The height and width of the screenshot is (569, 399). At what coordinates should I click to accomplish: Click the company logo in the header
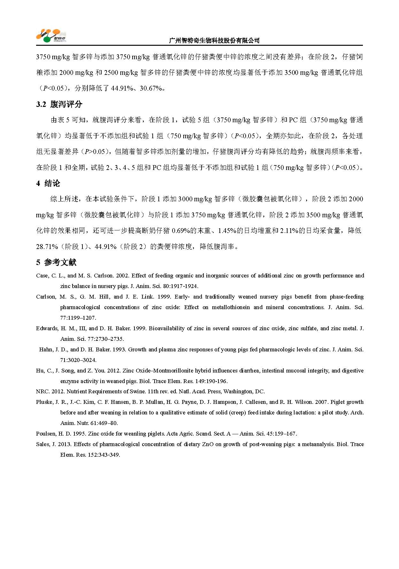pyautogui.click(x=51, y=36)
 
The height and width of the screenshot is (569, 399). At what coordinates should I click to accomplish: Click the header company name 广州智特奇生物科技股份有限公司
pyautogui.click(x=214, y=41)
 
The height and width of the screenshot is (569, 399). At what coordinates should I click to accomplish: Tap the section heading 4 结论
pyautogui.click(x=48, y=183)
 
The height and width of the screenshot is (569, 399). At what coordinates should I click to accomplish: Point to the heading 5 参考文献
pyautogui.click(x=56, y=263)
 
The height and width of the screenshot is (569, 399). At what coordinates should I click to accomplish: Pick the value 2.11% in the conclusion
pyautogui.click(x=289, y=231)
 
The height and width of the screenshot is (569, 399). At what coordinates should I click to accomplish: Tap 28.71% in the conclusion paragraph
pyautogui.click(x=47, y=247)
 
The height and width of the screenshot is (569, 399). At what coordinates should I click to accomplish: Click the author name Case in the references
pyautogui.click(x=42, y=276)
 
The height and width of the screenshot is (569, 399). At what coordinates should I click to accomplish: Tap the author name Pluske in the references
pyautogui.click(x=44, y=402)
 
